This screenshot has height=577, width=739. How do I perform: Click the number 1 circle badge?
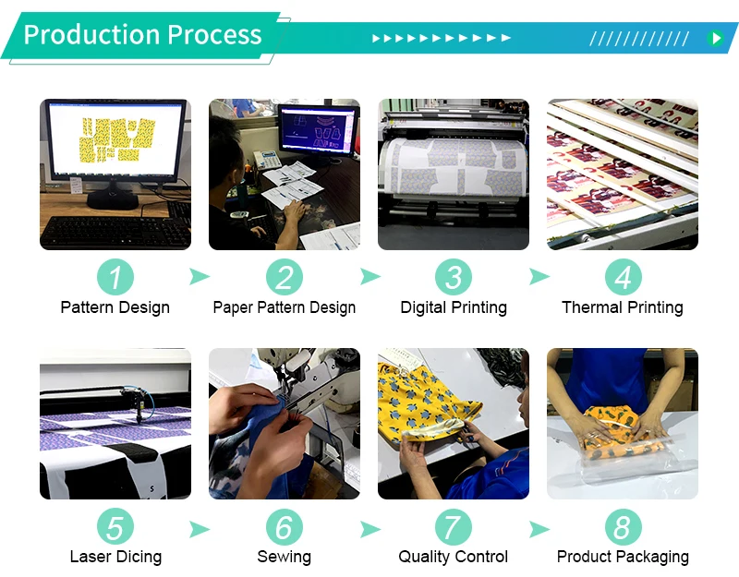[x=115, y=277]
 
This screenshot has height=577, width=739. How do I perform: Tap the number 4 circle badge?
[x=623, y=277]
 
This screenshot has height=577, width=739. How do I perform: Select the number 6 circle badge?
[x=285, y=526]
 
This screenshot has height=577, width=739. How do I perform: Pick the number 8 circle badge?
[x=623, y=526]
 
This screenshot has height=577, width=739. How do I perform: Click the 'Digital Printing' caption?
[x=454, y=307]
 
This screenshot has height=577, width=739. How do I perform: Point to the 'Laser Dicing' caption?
[x=115, y=557]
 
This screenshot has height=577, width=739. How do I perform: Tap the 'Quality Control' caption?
[x=453, y=557]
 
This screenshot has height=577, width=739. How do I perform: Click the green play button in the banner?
[x=715, y=38]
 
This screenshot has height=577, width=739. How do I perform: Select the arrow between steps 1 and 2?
[x=199, y=276]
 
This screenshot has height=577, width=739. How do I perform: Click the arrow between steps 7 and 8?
[x=539, y=529]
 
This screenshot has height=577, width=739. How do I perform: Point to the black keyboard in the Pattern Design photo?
[x=115, y=233]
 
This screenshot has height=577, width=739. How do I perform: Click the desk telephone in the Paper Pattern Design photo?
[x=267, y=160]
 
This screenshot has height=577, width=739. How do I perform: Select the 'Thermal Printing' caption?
[x=623, y=307]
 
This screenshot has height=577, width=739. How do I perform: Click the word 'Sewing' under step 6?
[x=285, y=557]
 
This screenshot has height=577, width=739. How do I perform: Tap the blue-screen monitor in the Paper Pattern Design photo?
[x=318, y=128]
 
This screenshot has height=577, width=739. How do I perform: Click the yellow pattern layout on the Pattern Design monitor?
[x=116, y=140]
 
